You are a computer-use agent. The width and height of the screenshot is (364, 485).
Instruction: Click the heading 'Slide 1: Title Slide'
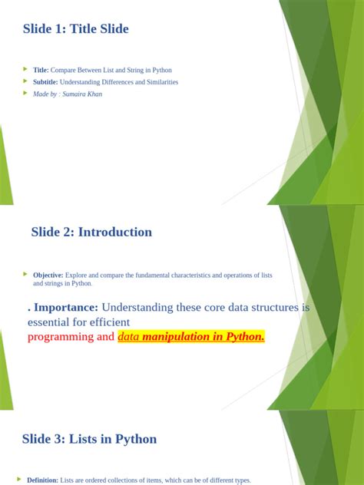point(76,29)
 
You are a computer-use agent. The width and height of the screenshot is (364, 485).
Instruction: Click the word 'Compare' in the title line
point(64,70)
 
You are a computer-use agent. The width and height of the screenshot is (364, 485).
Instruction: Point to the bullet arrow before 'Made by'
point(25,94)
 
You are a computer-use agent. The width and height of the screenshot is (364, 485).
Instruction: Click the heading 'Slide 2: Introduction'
point(91,232)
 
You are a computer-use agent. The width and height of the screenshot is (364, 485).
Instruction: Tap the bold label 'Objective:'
point(48,275)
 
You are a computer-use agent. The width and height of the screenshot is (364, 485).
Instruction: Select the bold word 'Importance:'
point(65,307)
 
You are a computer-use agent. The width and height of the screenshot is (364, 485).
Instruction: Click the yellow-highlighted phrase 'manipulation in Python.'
point(204,337)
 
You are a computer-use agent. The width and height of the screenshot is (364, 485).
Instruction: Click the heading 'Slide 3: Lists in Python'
point(90,439)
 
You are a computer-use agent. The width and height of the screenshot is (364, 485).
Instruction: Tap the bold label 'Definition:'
point(42,480)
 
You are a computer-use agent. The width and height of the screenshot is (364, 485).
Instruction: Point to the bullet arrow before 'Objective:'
point(25,274)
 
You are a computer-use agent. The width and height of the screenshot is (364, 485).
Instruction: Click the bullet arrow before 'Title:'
point(25,69)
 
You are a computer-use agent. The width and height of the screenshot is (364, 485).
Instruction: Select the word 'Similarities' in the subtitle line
point(158,82)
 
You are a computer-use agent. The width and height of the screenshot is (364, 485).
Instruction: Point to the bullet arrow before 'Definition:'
point(20,480)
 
